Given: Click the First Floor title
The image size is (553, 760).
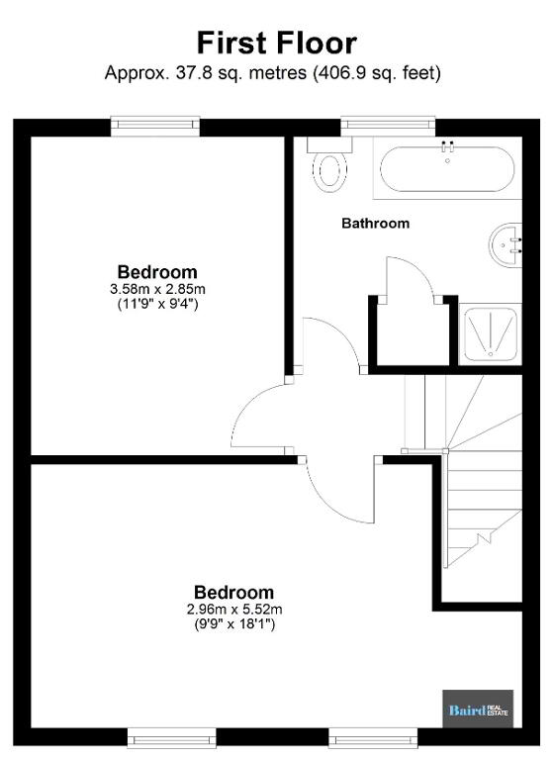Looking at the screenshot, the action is click(277, 43).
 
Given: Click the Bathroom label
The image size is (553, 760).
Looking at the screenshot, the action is click(376, 223).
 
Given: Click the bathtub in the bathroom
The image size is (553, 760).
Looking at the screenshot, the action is click(447, 168).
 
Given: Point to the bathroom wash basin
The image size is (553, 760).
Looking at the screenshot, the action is click(506, 244).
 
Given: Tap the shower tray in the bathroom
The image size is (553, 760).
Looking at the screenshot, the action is click(490, 333).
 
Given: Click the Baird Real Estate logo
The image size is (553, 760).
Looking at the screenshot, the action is click(478, 711).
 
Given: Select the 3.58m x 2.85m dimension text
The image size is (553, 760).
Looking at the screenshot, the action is click(157, 289).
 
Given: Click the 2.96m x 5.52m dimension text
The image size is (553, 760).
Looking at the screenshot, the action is click(234, 609).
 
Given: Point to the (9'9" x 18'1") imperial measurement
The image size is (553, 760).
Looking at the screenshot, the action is click(234, 624).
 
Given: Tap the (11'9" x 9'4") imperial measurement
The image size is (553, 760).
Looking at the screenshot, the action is click(157, 305).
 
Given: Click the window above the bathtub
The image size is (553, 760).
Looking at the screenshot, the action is click(388, 125).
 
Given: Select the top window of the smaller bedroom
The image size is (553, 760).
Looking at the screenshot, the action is click(155, 125).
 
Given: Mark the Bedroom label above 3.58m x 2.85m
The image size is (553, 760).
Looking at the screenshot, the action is click(157, 272).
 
